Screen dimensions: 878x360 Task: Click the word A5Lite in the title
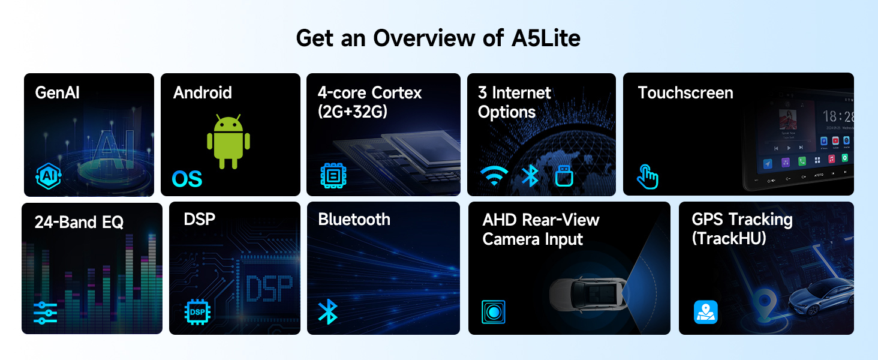546,38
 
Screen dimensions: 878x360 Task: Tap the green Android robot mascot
228,142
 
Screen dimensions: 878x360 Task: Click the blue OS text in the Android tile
187,179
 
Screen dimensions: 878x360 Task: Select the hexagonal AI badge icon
49,176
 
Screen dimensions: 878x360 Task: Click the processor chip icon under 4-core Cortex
333,176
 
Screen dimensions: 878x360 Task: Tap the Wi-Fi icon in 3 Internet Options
494,175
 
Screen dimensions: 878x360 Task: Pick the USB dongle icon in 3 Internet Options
564,176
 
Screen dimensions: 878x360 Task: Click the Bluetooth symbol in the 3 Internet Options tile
530,175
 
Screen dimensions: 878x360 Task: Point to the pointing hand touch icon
647,177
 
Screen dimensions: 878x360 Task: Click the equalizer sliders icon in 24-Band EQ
46,313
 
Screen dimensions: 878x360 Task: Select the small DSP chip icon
197,312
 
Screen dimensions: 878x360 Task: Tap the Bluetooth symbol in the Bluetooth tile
327,312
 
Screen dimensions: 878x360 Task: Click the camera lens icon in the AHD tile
494,312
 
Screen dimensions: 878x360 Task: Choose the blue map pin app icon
705,312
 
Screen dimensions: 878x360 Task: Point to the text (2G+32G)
353,112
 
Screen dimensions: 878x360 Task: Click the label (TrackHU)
729,238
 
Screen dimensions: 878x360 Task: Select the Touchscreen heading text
685,93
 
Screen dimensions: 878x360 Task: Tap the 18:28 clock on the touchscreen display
838,116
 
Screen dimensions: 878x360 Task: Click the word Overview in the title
424,38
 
